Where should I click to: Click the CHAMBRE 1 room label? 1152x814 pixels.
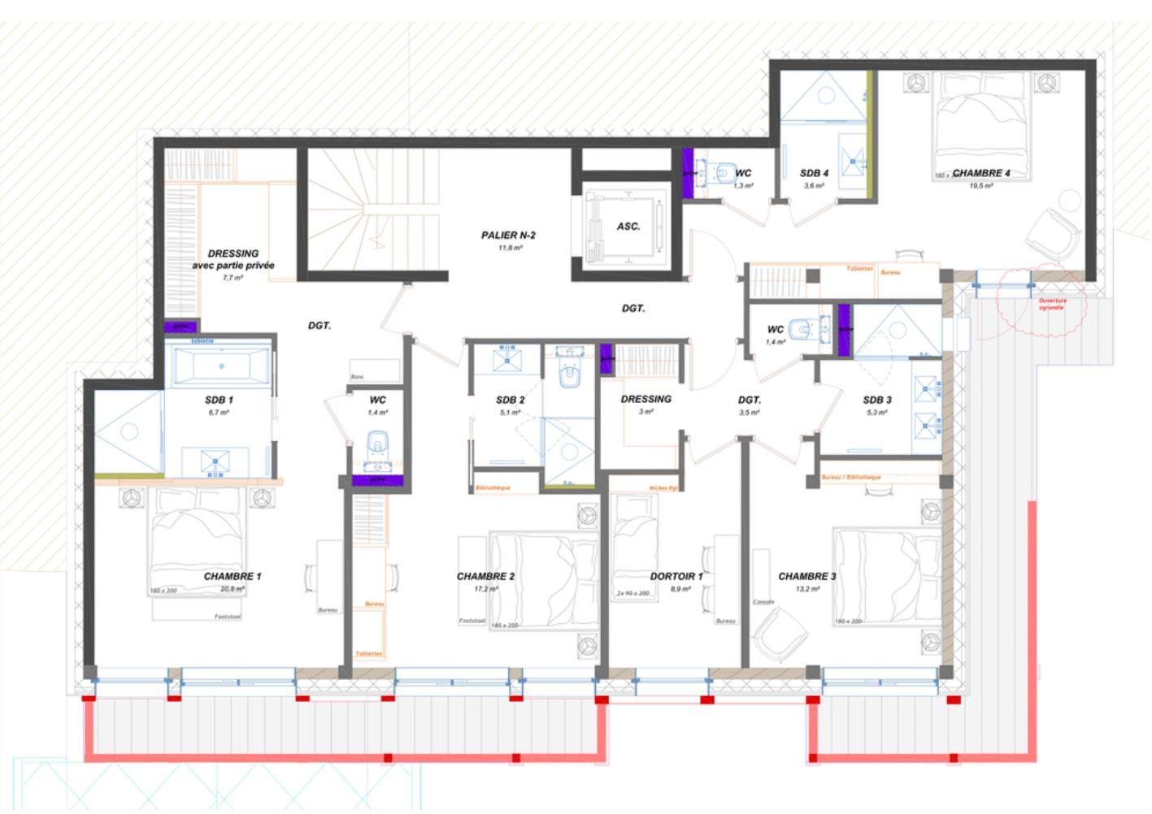tap(233, 577)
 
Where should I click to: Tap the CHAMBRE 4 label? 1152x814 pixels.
tap(981, 173)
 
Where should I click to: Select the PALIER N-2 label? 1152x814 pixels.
tap(508, 236)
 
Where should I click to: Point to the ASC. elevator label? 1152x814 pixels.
tap(628, 227)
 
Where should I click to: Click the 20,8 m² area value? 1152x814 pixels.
tap(233, 589)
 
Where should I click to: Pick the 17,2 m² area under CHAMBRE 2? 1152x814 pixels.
tap(486, 589)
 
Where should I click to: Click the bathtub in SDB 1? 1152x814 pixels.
tap(220, 366)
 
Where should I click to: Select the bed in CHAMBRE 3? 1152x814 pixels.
tap(882, 577)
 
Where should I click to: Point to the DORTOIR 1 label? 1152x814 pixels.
tap(676, 577)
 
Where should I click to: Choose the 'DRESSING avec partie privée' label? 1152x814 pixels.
tap(233, 259)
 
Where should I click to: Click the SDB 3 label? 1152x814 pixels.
tap(877, 400)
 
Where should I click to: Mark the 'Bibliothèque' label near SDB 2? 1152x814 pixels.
tap(493, 488)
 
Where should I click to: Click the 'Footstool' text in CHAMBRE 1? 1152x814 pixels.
tap(228, 617)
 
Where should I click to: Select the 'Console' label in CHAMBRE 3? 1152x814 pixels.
tap(763, 602)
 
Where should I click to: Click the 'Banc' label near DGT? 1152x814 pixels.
tap(357, 377)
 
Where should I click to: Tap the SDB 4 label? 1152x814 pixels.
tap(814, 173)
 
